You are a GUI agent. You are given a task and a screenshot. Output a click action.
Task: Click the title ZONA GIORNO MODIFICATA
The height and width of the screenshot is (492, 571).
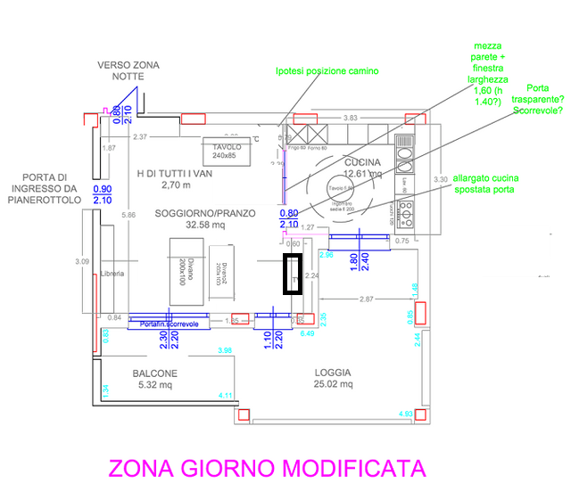point(267,469)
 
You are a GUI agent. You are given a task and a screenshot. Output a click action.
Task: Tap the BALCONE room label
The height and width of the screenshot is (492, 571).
point(155,373)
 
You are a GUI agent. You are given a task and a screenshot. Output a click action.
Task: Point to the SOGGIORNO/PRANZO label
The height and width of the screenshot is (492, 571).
point(205,214)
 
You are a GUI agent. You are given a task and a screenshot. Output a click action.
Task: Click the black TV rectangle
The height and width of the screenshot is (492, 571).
point(294,274)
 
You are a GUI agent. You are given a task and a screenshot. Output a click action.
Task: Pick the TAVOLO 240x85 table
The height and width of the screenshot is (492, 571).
point(228,152)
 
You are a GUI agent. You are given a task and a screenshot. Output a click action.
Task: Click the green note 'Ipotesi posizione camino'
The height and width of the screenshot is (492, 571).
point(327,70)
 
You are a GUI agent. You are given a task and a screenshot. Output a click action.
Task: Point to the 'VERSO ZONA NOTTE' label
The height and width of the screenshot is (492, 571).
point(128,70)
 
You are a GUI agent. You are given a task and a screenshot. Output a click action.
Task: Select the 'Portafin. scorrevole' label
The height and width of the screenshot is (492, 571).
point(170,324)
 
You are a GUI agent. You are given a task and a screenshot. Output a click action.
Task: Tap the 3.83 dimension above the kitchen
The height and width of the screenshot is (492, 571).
point(351,118)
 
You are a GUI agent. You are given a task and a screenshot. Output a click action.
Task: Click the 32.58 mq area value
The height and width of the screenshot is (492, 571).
point(204,226)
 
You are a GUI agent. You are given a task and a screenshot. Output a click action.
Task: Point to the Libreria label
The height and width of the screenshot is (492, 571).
point(112,274)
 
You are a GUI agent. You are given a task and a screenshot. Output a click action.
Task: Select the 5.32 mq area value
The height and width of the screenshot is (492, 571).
point(154,385)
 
